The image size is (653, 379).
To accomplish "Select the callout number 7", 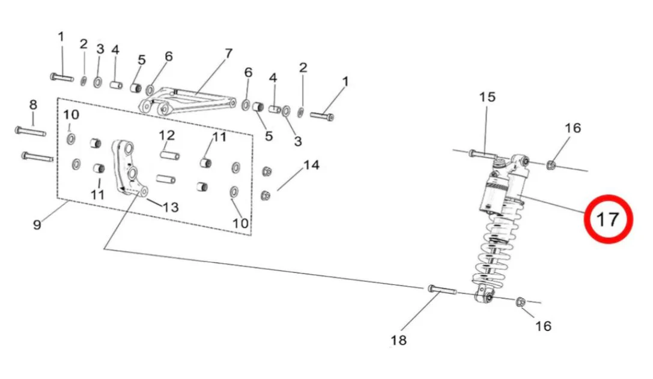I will [x=228, y=53].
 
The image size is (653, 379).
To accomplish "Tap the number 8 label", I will [x=33, y=105].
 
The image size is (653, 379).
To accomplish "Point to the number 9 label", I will [x=37, y=225].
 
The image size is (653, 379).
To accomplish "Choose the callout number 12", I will [x=166, y=134].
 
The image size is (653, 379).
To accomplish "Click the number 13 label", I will [x=171, y=207].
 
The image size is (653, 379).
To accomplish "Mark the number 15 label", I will [x=487, y=97].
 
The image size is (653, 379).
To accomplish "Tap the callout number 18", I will [x=398, y=340].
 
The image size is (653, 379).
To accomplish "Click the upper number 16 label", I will [x=573, y=127].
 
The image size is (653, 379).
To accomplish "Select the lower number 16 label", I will [x=543, y=326].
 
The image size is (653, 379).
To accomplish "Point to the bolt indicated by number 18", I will [x=442, y=290].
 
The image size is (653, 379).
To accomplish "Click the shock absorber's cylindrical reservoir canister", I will [x=494, y=194].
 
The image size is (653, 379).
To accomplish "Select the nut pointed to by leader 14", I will [x=266, y=195].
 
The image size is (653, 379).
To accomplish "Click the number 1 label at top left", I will [x=61, y=37].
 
